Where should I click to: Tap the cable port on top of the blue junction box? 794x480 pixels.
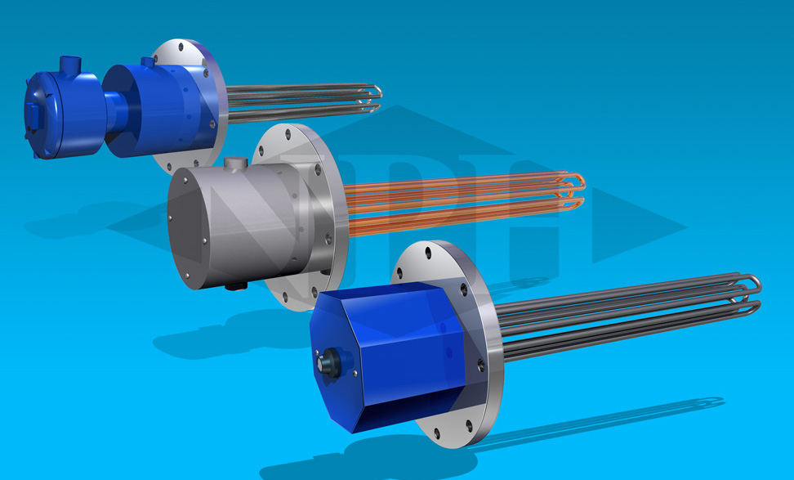[69, 62]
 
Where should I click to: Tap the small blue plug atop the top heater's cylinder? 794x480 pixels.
[148, 61]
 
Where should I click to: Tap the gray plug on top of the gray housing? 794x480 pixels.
[236, 164]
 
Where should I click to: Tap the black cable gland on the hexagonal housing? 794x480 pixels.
[327, 360]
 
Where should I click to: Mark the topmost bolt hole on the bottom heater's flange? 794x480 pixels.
[430, 248]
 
